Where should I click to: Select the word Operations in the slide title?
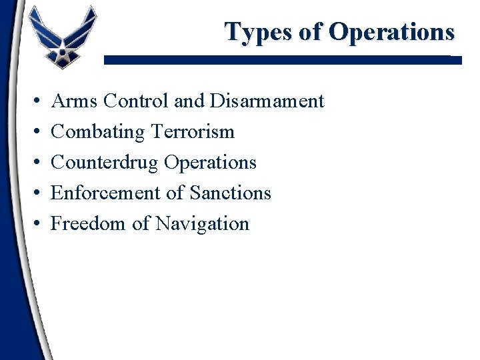coord(392,32)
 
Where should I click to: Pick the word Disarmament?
coord(267,101)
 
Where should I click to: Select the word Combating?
coord(98,132)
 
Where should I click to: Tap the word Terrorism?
coord(193,132)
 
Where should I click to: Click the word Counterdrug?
coord(105,163)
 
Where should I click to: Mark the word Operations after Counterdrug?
coord(210,163)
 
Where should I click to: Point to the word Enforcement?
coord(105,193)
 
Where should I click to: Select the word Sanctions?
coord(231,193)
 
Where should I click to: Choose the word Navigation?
coord(203,224)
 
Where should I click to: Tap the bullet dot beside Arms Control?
coord(33,102)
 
